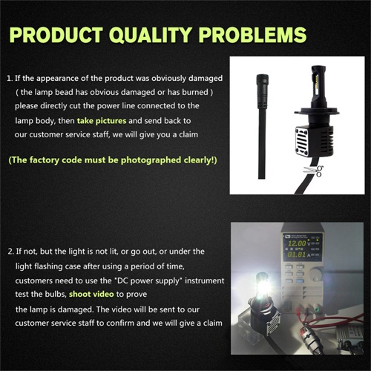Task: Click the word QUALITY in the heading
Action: click(151, 35)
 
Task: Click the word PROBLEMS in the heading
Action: click(253, 34)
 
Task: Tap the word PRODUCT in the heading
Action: click(56, 34)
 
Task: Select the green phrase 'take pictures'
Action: click(102, 121)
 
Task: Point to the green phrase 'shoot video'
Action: click(91, 294)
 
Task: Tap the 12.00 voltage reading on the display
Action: click(297, 243)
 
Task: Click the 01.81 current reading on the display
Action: click(296, 255)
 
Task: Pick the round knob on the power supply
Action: click(315, 275)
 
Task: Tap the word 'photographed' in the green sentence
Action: click(151, 160)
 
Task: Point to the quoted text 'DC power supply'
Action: click(148, 281)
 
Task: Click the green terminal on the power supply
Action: click(316, 309)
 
